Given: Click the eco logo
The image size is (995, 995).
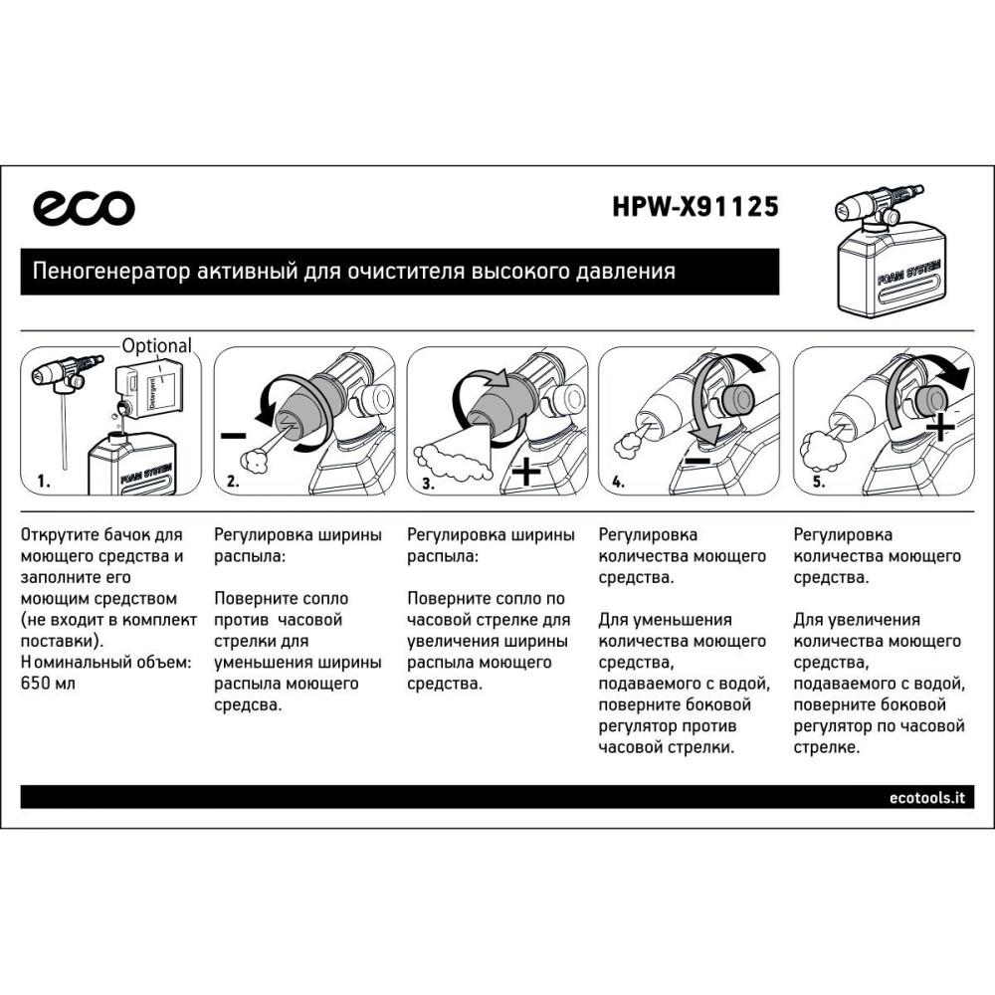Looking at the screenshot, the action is [84, 208].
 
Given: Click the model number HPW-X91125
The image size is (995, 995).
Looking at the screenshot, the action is [696, 207].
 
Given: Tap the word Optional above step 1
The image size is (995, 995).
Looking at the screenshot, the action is [157, 346].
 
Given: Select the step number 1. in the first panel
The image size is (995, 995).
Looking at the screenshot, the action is [44, 482].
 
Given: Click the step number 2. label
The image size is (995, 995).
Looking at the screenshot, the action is [234, 482].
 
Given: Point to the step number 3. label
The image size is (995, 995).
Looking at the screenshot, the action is [428, 484].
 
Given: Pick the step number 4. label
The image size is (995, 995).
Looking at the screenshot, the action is [619, 482].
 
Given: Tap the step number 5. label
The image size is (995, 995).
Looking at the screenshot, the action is [819, 482].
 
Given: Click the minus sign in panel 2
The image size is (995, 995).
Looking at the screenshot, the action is [234, 436].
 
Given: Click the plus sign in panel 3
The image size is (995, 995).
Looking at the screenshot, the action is [526, 471].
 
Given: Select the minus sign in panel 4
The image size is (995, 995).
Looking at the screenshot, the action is [698, 460].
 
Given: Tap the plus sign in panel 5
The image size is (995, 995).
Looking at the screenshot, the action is [940, 427].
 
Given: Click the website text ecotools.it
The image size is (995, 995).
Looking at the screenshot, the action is [927, 798].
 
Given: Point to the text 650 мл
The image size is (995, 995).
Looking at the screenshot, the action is [48, 684].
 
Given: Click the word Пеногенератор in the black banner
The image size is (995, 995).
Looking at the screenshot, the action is [111, 272].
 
